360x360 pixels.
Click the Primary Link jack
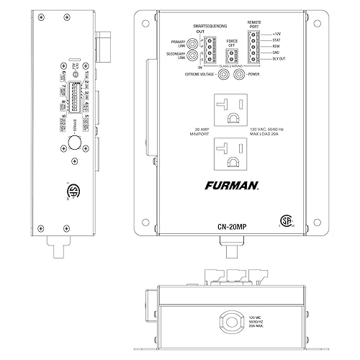tap(194, 42)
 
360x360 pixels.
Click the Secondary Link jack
tap(194, 55)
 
